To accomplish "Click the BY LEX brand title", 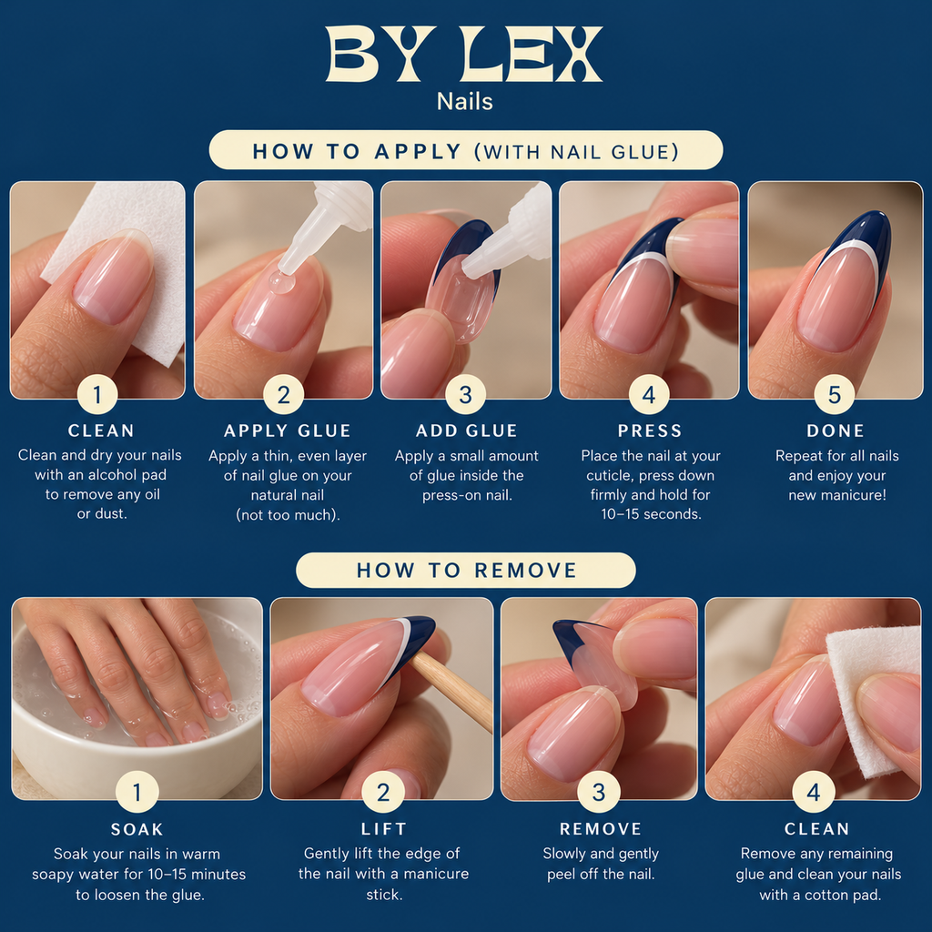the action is point(464,54).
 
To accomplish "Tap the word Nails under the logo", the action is point(465,102).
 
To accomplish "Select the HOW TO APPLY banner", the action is point(466,150).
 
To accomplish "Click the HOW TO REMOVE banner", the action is point(466,570).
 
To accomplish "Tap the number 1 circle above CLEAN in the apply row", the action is point(97,394).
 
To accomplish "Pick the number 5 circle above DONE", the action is point(834,394).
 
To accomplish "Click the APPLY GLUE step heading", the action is point(288,431).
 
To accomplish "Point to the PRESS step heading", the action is point(650,431).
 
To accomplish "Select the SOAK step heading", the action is point(137,829).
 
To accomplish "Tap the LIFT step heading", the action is point(384,828).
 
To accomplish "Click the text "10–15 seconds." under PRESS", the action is point(651,514).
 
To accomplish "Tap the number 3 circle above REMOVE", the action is point(599,792).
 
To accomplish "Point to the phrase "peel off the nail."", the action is point(601,875).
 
